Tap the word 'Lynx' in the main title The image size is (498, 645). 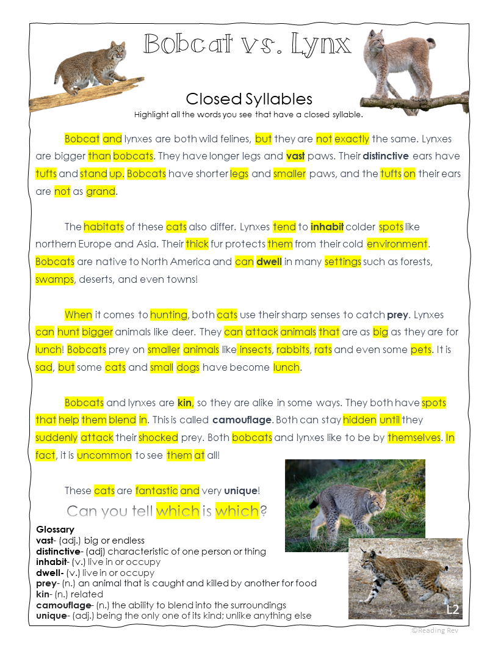point(321,44)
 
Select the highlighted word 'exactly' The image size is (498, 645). point(352,139)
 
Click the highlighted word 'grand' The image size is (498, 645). point(101,191)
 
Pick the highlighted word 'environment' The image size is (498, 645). point(397,244)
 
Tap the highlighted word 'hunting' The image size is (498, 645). point(168,315)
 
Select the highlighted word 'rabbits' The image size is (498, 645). point(293,350)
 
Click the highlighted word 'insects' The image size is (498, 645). point(255,350)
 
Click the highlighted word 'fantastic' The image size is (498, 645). point(157,490)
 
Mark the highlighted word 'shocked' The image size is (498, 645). point(158,437)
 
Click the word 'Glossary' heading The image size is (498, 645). point(55,529)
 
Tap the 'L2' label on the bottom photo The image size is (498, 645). point(452,610)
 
